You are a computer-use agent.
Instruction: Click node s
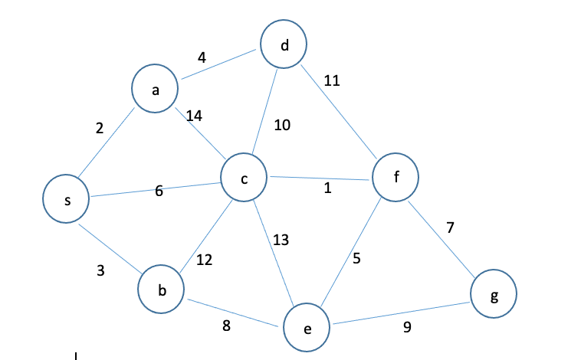pos(67,199)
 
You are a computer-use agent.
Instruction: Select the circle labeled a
pos(156,90)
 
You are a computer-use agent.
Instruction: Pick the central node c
pos(244,178)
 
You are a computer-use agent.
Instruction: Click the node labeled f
pos(396,178)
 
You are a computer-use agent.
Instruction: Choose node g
pos(494,294)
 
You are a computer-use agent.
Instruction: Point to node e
pos(307,328)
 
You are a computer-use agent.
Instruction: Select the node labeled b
pos(162,290)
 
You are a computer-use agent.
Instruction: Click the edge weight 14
pos(194,116)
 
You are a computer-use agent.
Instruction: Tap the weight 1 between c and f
pos(327,188)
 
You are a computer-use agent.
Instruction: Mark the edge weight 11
pos(332,80)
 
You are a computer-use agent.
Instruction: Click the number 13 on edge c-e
pos(281,240)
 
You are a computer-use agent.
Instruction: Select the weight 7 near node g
pos(451,227)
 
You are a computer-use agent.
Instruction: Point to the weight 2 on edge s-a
pos(99,128)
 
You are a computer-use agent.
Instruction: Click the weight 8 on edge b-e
pos(226,326)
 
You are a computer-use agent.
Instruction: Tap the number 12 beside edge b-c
pos(204,260)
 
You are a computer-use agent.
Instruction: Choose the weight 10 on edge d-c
pos(282,125)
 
